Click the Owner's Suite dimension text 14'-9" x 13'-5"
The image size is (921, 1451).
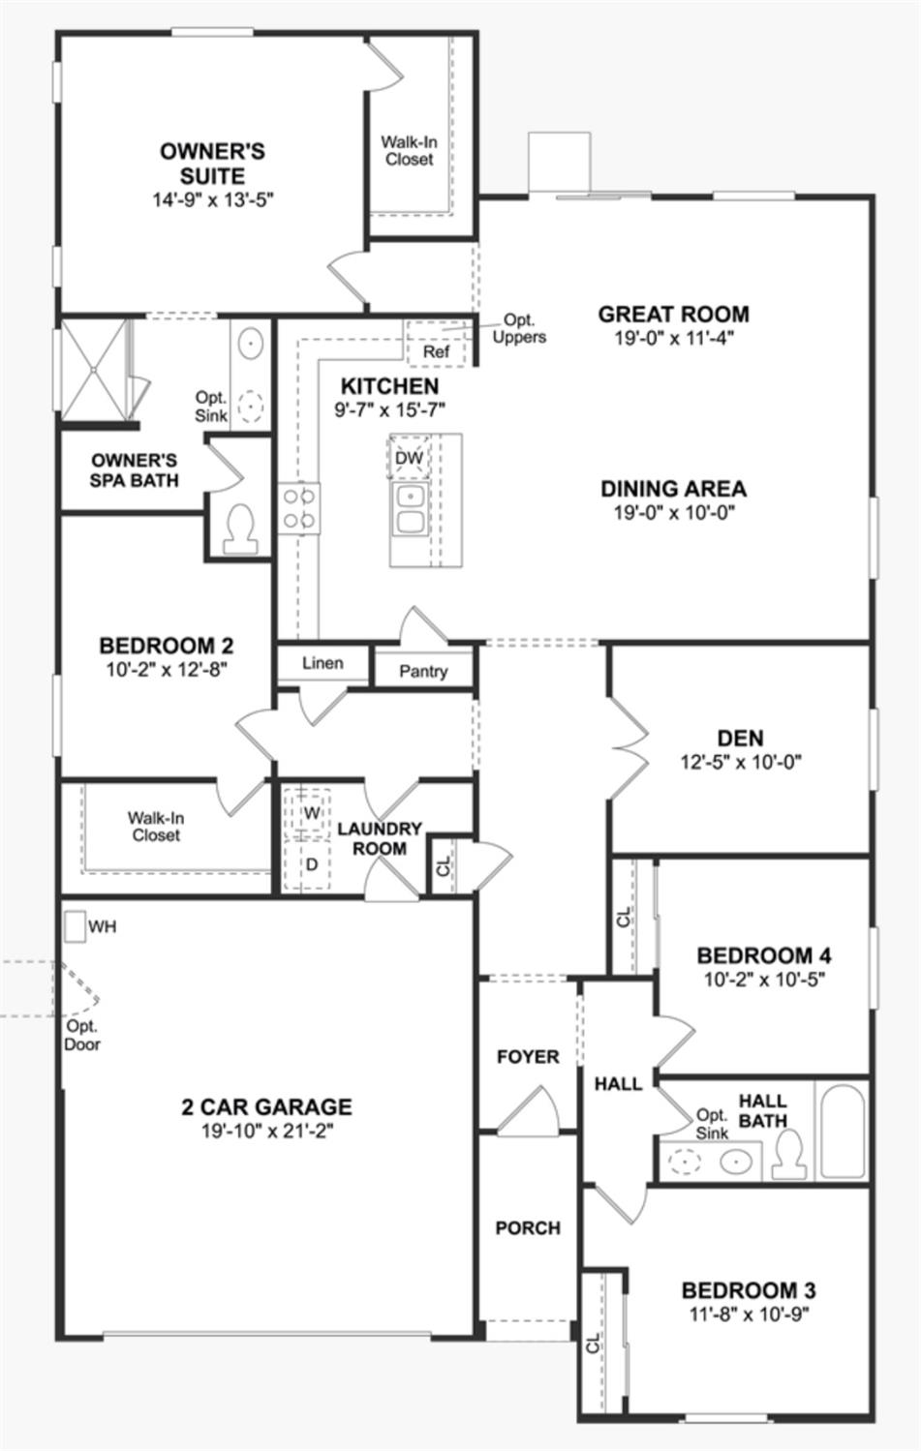pos(213,200)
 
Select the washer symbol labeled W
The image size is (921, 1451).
pos(311,813)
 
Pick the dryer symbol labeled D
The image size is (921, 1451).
pos(311,863)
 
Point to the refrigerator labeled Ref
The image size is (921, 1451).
pos(436,350)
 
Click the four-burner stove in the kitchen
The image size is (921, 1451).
pos(299,508)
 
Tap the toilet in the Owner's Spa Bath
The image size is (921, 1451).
pos(239,527)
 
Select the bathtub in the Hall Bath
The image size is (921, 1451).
pos(842,1131)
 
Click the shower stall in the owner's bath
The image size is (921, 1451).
pos(94,369)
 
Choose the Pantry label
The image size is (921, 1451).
pos(423,671)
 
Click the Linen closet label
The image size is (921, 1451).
pos(322,663)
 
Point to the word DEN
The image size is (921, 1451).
pos(740,738)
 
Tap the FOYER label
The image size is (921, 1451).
pos(528,1057)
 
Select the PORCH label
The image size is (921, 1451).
pos(528,1227)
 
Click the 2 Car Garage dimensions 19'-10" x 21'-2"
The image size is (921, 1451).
pos(266,1131)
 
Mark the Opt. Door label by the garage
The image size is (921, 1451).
pos(82,1035)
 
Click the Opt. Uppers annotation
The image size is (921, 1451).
pos(519,329)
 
